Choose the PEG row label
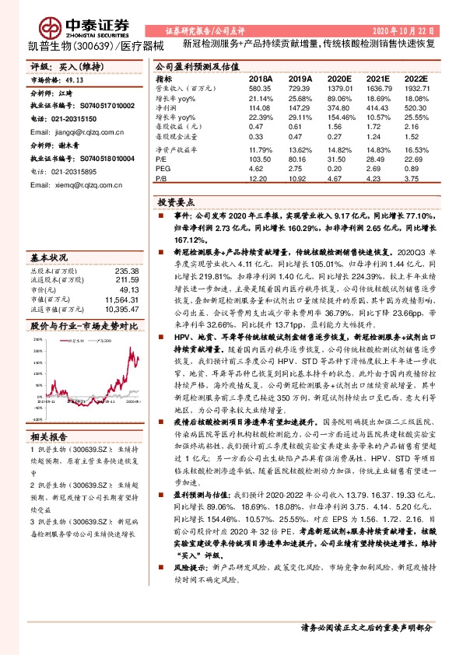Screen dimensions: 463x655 163,167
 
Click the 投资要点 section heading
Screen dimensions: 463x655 179,201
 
